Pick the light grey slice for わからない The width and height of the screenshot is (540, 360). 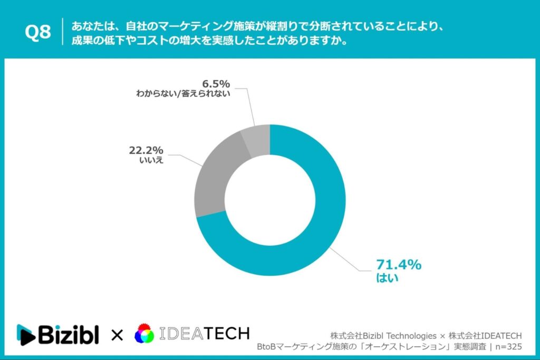(257, 142)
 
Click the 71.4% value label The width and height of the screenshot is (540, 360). (399, 265)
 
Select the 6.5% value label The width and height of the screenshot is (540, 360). (217, 84)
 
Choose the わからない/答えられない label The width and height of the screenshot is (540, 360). (182, 95)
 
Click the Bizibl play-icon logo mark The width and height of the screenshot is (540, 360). (26, 334)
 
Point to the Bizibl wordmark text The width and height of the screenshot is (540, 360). (68, 334)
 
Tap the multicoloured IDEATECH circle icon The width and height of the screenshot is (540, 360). (145, 334)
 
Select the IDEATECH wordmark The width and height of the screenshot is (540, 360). (204, 334)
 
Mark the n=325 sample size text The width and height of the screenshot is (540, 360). (507, 347)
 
